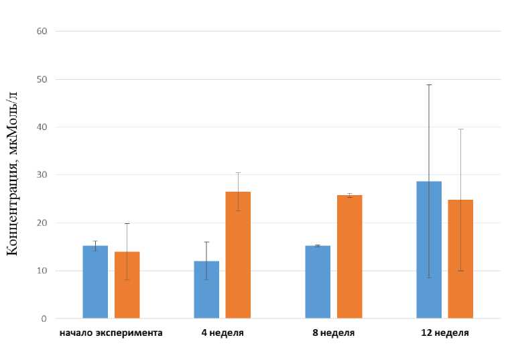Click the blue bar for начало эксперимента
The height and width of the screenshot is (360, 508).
(95, 282)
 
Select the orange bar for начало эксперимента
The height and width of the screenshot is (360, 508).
(127, 285)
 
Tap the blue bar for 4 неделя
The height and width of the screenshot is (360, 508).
(206, 290)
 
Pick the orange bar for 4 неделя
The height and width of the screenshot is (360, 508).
(238, 255)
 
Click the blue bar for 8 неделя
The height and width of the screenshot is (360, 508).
(318, 282)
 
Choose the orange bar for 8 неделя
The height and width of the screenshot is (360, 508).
(349, 257)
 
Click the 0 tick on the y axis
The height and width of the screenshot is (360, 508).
(44, 318)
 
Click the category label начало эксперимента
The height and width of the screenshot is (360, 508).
(111, 333)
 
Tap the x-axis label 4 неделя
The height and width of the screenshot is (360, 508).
(222, 333)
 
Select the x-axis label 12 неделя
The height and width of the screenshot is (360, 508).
(444, 333)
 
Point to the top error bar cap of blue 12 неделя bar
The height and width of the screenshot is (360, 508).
(429, 85)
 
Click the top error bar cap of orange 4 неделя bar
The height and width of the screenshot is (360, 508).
(238, 173)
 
